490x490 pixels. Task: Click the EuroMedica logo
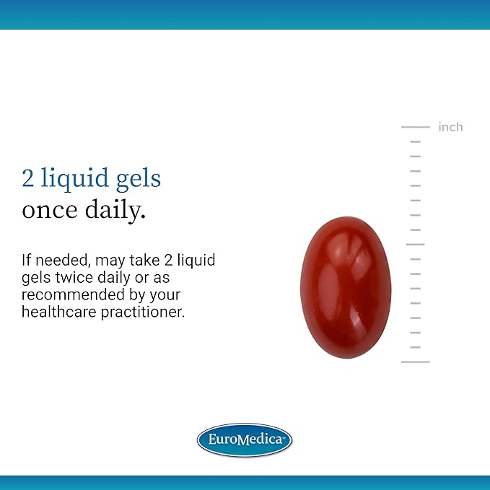[245, 439]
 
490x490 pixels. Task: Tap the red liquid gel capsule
[346, 287]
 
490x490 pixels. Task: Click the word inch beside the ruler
[450, 127]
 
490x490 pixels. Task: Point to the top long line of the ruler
[416, 127]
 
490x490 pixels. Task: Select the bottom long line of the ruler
[416, 362]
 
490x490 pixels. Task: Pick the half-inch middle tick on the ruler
[416, 245]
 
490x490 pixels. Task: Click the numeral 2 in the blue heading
[28, 178]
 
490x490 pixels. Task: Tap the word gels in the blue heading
[139, 180]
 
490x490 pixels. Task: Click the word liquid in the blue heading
[74, 179]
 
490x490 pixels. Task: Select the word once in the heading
[49, 210]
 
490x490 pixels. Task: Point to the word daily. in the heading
[115, 211]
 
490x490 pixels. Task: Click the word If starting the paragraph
[26, 260]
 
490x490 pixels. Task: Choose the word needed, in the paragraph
[63, 261]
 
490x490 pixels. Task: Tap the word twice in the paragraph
[74, 278]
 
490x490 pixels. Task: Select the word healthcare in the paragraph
[58, 312]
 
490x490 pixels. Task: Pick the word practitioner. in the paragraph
[143, 312]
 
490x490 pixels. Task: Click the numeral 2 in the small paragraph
[168, 261]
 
